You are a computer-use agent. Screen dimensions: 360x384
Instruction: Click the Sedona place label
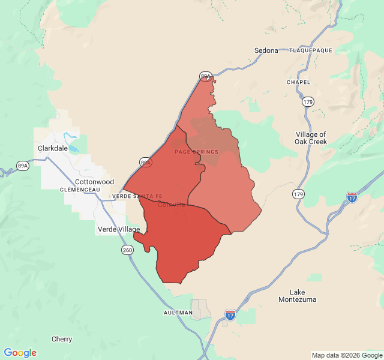(266, 50)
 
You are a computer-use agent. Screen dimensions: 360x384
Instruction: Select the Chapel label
(298, 82)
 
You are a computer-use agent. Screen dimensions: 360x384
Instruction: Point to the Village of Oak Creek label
(311, 138)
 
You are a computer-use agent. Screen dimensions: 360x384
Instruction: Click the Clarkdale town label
(51, 148)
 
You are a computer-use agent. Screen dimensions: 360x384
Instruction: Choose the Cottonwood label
(94, 182)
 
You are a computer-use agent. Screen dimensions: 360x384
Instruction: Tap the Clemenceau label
(80, 190)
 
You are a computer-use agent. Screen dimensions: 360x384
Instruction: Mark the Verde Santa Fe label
(137, 196)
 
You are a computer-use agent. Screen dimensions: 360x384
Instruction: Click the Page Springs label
(196, 152)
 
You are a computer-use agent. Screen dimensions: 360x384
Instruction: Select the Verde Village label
(119, 229)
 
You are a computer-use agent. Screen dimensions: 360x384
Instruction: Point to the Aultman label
(178, 313)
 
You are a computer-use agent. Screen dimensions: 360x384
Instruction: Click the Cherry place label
(62, 339)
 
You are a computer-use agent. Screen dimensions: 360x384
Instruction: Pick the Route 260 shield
(127, 250)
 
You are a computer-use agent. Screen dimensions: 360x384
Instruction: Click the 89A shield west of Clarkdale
(23, 166)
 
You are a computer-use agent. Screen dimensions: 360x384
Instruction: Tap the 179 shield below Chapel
(308, 101)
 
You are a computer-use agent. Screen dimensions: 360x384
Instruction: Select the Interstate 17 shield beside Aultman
(230, 314)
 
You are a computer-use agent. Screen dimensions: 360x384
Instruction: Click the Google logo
(20, 353)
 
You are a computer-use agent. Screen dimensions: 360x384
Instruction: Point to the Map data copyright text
(346, 355)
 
